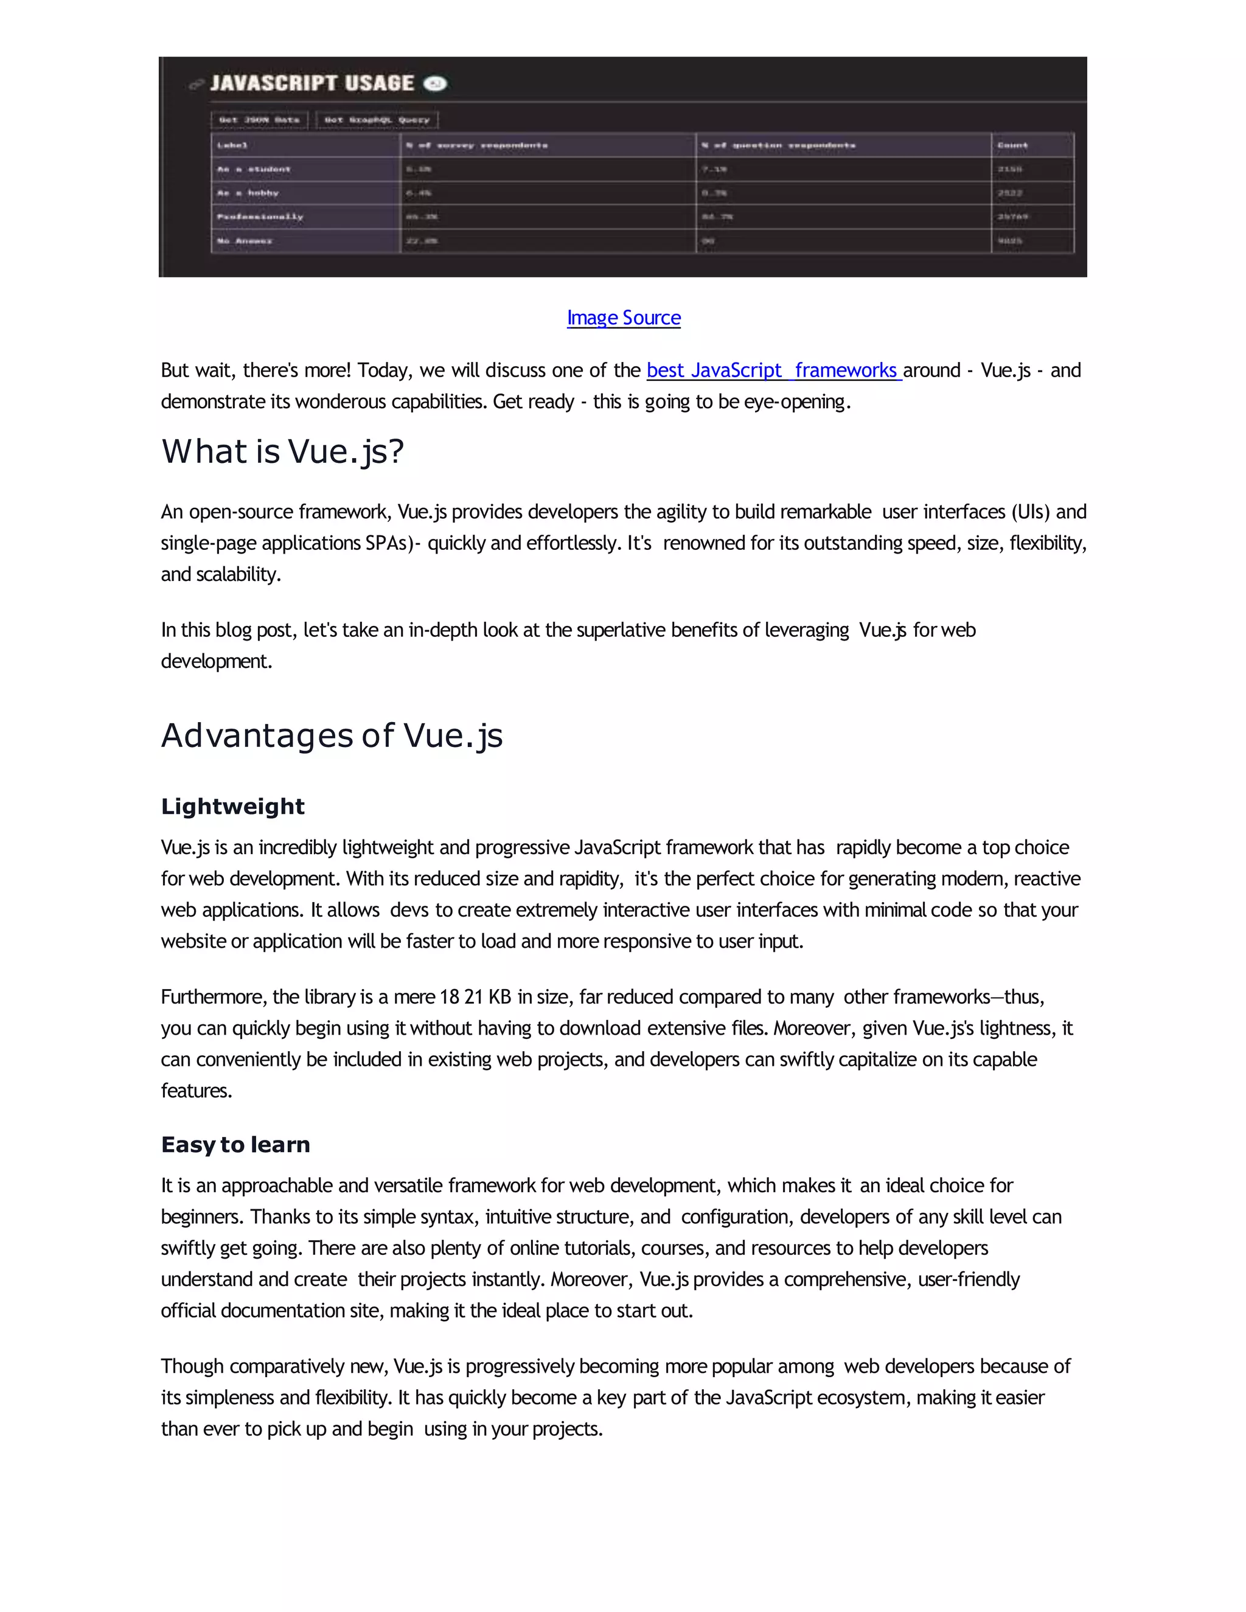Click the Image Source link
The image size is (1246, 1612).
tap(624, 318)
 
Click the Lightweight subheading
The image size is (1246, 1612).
tap(232, 807)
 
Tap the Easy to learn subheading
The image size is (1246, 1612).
tap(235, 1145)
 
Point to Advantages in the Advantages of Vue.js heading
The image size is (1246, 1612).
tap(256, 736)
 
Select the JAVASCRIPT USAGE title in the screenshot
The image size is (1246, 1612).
tap(311, 83)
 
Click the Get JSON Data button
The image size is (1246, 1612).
tap(259, 120)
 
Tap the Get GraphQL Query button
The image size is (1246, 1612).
tap(377, 120)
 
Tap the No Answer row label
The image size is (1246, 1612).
tap(245, 241)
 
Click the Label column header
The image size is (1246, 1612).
tap(232, 145)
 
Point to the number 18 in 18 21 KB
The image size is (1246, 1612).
tap(450, 997)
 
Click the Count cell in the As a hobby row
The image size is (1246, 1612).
tap(1010, 193)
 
